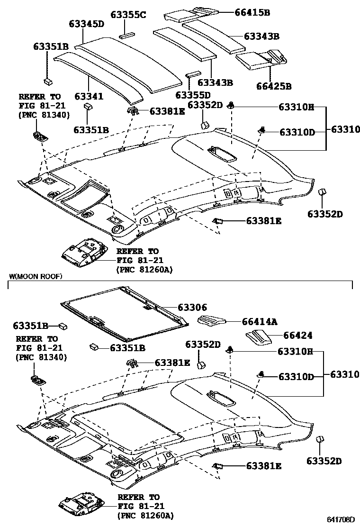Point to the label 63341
pos(89,97)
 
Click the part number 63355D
pos(193,95)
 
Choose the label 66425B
pos(274,86)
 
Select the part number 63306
pos(192,308)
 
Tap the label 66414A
pos(259,322)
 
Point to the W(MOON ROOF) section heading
pos(36,276)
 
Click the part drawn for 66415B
pos(189,13)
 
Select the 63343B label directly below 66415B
pos(261,36)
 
